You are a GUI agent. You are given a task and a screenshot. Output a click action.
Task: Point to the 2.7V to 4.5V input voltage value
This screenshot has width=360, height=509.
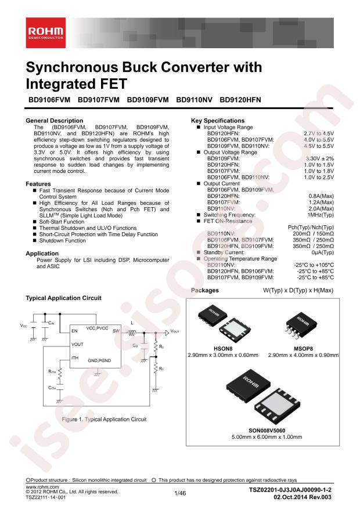click(x=319, y=133)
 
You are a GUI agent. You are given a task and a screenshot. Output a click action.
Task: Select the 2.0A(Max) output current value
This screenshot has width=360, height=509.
click(x=321, y=208)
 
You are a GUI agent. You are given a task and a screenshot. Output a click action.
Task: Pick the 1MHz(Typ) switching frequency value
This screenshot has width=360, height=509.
click(x=320, y=214)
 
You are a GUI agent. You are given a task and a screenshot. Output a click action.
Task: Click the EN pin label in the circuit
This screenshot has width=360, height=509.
click(x=74, y=331)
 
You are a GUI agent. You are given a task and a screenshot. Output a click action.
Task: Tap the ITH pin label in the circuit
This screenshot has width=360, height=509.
click(x=74, y=358)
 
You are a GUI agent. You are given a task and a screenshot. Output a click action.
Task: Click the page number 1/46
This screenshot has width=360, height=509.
click(x=181, y=492)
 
